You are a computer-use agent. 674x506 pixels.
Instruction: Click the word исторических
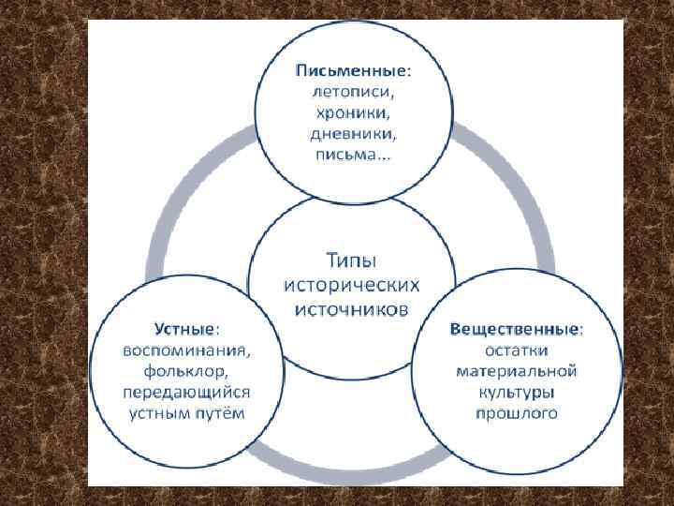[x=351, y=284]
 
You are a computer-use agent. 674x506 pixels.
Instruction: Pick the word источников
[x=351, y=309]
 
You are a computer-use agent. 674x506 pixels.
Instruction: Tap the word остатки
[x=516, y=350]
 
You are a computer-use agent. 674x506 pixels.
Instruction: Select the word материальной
[x=516, y=371]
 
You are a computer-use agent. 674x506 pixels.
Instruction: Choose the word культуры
[x=516, y=393]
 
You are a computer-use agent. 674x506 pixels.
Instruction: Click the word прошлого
[x=516, y=413]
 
